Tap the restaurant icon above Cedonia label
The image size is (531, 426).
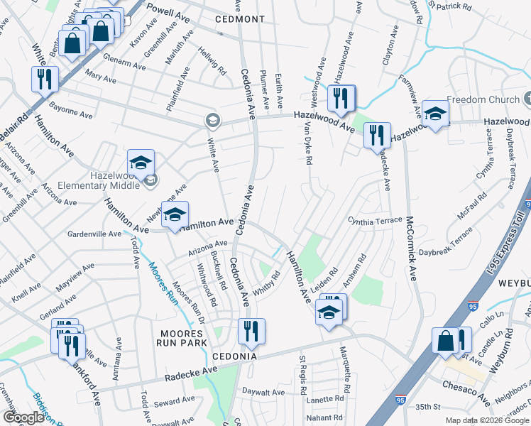[251, 331]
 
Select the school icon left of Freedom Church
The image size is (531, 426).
[434, 114]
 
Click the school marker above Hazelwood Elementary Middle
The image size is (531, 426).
[141, 163]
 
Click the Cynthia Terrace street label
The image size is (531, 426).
[374, 220]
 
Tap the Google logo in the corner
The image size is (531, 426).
[24, 417]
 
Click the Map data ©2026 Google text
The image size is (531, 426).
[487, 420]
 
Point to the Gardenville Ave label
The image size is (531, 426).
[95, 233]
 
